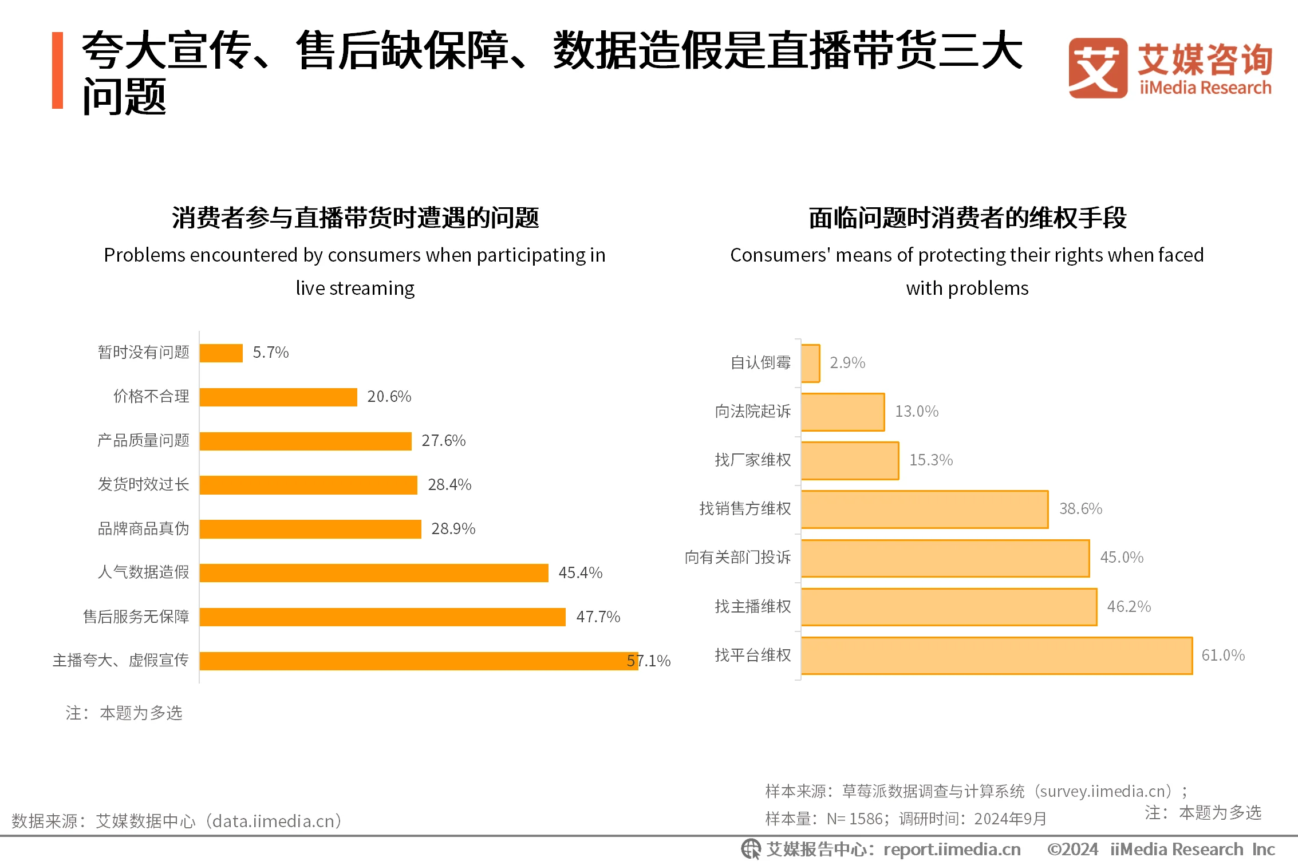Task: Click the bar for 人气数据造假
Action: tap(374, 572)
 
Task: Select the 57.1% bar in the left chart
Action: tap(418, 661)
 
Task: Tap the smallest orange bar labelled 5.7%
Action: tap(221, 353)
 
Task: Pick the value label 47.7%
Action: tap(598, 617)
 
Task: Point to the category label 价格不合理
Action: tap(151, 396)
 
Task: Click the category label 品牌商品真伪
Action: tap(143, 528)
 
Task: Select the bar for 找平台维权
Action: tap(996, 655)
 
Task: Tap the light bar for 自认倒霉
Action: tap(810, 363)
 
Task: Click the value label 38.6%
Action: tap(1080, 508)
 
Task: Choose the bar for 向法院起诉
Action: tap(842, 412)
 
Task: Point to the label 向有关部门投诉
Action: tap(737, 557)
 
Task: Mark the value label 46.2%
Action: tap(1129, 606)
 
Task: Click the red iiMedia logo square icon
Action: tap(1097, 68)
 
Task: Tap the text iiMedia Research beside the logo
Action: tap(1205, 88)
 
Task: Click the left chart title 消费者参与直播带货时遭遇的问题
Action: tap(355, 218)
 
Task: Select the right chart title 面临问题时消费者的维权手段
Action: tap(967, 218)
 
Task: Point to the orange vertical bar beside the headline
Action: tap(57, 70)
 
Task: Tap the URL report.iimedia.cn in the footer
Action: tap(952, 849)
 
